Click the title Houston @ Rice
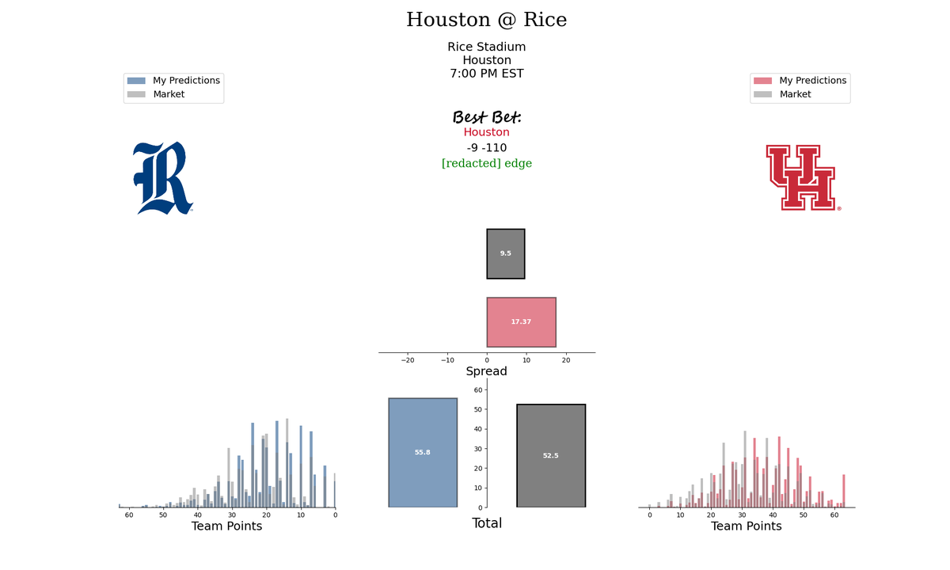(486, 20)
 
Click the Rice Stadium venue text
(486, 47)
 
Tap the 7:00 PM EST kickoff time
(486, 74)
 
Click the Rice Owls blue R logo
(163, 178)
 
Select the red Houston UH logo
(803, 177)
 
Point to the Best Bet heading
(487, 117)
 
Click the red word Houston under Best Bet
(486, 132)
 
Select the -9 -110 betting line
(486, 147)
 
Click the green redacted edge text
(486, 163)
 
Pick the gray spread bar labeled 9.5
(506, 253)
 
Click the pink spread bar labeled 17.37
(521, 322)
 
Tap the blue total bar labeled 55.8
(423, 453)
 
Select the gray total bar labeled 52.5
(551, 455)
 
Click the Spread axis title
(486, 371)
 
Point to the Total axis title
(487, 523)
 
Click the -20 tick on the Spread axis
(408, 360)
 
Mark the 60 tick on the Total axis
(478, 390)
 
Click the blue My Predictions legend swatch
(136, 81)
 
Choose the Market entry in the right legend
(795, 94)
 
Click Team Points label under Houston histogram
(746, 526)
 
